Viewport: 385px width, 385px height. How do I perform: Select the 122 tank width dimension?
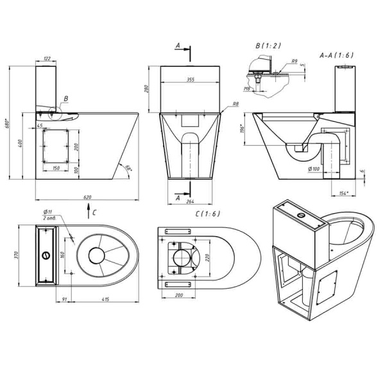point(46,58)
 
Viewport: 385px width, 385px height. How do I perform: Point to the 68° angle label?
point(128,168)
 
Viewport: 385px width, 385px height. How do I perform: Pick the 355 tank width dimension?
point(190,80)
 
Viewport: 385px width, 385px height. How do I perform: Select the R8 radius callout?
point(236,103)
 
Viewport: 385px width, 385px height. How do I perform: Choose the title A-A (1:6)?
point(336,56)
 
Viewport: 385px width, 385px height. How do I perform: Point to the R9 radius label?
point(294,62)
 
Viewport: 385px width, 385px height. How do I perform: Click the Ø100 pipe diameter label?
point(314,169)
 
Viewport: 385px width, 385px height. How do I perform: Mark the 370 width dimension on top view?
point(22,255)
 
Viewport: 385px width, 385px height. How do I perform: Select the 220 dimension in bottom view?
point(207,257)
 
